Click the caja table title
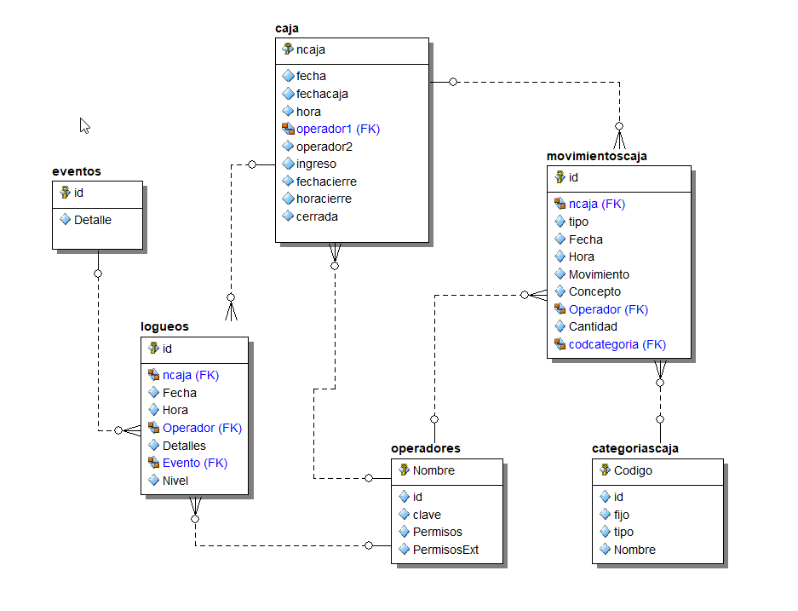tap(287, 28)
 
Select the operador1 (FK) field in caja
tap(337, 129)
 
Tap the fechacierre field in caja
tap(326, 182)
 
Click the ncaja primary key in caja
tap(310, 49)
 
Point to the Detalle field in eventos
tap(92, 220)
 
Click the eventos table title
tap(77, 171)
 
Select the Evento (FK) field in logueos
tap(194, 463)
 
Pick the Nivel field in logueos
tap(175, 481)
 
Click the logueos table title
tap(164, 326)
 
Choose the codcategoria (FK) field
tap(617, 344)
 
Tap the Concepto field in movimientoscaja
tap(594, 291)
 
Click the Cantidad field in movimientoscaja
tap(593, 326)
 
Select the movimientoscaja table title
tap(596, 156)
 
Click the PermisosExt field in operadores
tap(445, 550)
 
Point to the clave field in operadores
tap(427, 515)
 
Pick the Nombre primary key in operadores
tap(433, 470)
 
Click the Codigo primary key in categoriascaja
tap(634, 470)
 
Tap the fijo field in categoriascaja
tap(622, 515)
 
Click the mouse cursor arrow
tap(84, 125)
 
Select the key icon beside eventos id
tap(65, 193)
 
